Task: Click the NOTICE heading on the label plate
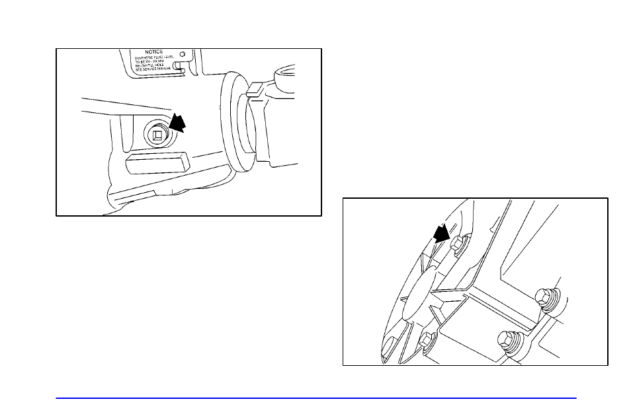pos(150,52)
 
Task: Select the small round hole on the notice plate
pos(182,53)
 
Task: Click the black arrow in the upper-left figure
pos(178,123)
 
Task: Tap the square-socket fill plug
pos(158,136)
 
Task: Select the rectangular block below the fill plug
pos(156,162)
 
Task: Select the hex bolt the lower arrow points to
pos(455,245)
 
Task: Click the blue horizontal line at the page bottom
pos(315,398)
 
